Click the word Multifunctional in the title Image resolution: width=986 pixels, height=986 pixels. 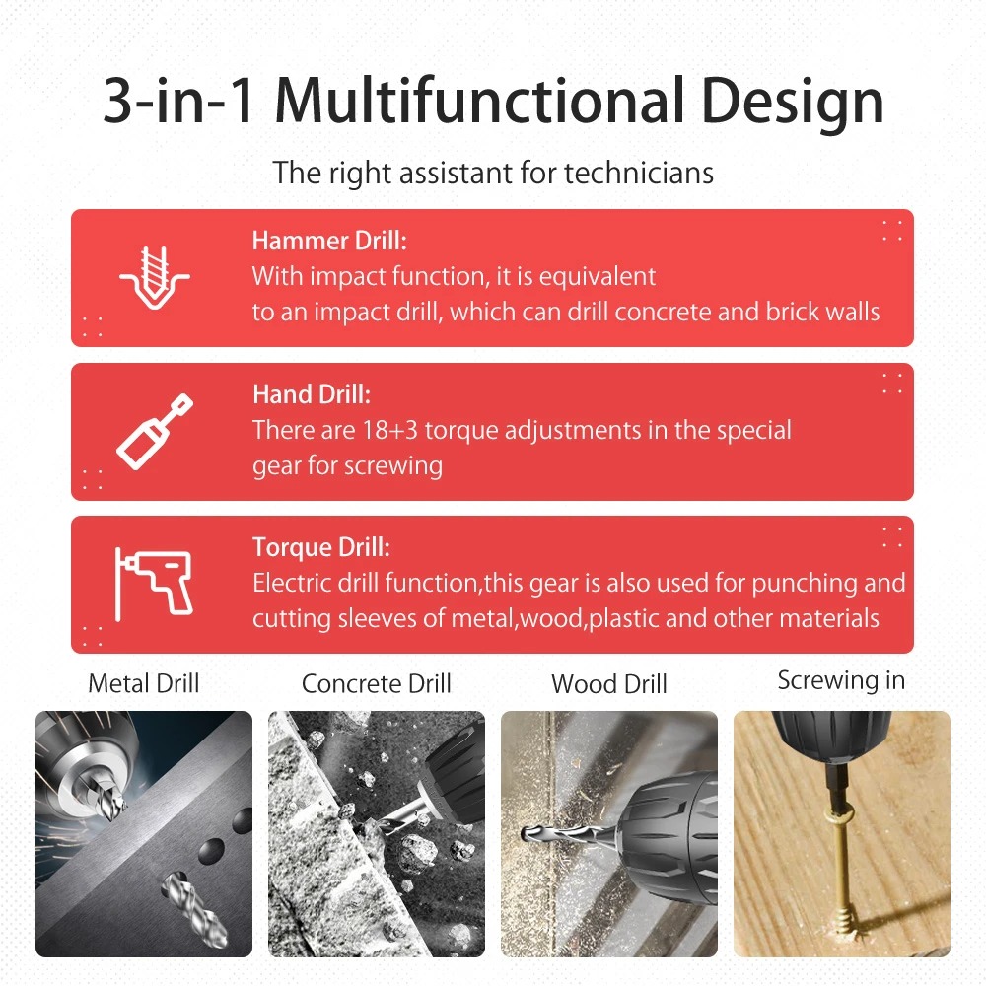[480, 100]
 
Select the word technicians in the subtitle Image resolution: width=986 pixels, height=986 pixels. [638, 173]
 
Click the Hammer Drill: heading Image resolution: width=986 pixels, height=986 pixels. [329, 241]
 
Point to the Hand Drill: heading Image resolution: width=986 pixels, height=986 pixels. [312, 394]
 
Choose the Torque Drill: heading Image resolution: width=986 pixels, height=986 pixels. [321, 547]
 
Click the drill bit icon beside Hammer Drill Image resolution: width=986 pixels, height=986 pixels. [155, 277]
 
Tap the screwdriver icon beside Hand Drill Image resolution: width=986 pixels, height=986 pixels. [155, 432]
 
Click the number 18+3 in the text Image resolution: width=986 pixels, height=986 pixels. [389, 430]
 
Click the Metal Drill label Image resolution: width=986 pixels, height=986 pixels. [143, 683]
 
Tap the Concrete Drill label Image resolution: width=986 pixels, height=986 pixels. [376, 683]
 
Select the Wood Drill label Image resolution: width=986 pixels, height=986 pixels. [608, 684]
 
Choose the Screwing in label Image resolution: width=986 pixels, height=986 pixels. [841, 681]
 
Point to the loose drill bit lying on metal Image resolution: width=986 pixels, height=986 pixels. [194, 910]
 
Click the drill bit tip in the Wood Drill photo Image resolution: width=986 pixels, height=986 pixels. [525, 835]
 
